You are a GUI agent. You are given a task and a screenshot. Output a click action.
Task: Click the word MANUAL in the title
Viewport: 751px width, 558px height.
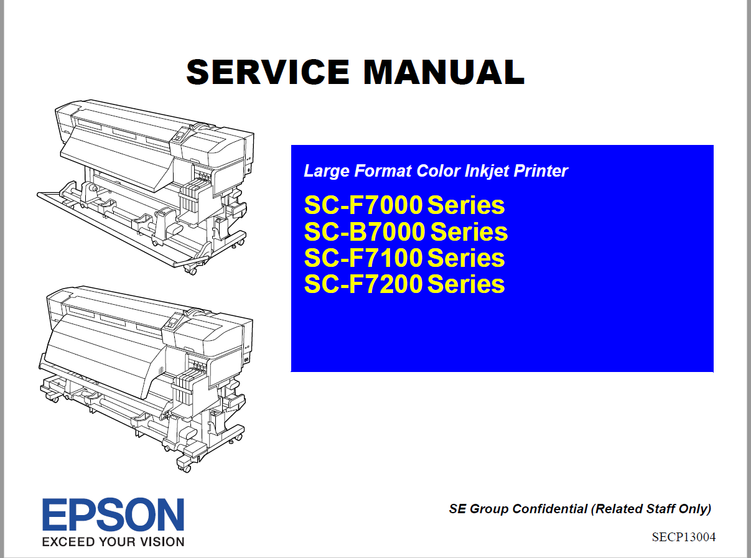[444, 72]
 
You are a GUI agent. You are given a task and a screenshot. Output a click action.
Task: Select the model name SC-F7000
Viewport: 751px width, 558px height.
[363, 205]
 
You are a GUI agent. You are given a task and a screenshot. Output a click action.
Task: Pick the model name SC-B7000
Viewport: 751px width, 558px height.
[365, 232]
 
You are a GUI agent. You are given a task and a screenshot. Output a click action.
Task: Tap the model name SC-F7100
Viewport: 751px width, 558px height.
[363, 258]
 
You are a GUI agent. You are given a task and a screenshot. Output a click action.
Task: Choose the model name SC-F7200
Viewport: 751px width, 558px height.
[363, 284]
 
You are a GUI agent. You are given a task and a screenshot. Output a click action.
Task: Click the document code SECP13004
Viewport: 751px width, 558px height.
[683, 537]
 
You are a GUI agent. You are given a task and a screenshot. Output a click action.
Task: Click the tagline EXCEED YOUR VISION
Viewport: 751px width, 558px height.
[113, 541]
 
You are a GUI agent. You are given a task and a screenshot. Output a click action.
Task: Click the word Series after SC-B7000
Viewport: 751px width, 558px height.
[469, 232]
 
